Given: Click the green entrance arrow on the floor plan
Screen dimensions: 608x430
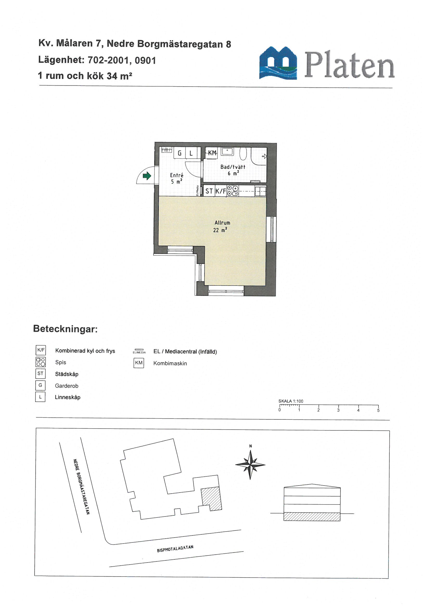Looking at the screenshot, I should pyautogui.click(x=147, y=176).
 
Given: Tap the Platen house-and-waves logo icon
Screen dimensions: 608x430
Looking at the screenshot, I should pyautogui.click(x=278, y=63).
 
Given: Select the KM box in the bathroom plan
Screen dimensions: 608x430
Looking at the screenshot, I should pyautogui.click(x=212, y=153).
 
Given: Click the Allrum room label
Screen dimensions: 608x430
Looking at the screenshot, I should pyautogui.click(x=222, y=223).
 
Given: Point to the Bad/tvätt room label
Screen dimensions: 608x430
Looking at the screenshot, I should pyautogui.click(x=233, y=167).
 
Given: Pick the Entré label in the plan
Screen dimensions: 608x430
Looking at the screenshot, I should pyautogui.click(x=177, y=175).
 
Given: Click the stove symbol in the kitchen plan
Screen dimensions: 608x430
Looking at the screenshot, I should pyautogui.click(x=233, y=191).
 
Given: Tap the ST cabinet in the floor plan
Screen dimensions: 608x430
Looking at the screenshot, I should pyautogui.click(x=209, y=191).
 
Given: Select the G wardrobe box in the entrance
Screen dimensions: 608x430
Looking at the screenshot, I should pyautogui.click(x=180, y=153).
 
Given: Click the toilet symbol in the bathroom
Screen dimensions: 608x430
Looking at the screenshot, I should pyautogui.click(x=243, y=154).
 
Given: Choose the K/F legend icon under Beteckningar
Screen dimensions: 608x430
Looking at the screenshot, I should pyautogui.click(x=41, y=350).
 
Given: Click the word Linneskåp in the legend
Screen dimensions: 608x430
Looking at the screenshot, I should pyautogui.click(x=68, y=397).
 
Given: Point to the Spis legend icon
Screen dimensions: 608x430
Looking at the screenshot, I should pyautogui.click(x=41, y=362).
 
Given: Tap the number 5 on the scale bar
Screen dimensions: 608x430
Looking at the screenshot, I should pyautogui.click(x=378, y=410).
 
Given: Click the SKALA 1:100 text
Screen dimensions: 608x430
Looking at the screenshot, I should pyautogui.click(x=291, y=401).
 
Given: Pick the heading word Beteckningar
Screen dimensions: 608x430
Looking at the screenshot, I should pyautogui.click(x=65, y=329).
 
